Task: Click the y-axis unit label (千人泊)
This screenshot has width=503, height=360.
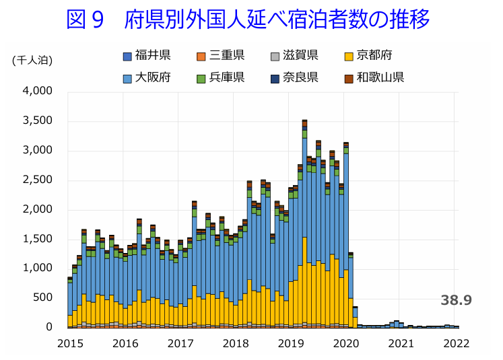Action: [32, 60]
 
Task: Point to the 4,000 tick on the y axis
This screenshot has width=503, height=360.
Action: [38, 91]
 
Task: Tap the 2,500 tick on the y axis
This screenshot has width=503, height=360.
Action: [38, 180]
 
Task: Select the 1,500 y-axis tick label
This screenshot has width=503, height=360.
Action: [38, 239]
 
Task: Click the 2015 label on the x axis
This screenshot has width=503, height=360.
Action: [70, 343]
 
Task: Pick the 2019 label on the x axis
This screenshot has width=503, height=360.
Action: [291, 343]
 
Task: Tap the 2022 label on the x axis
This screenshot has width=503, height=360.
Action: [456, 343]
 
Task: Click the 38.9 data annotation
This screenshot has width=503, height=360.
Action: [456, 300]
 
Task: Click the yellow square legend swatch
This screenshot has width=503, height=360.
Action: [349, 55]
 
